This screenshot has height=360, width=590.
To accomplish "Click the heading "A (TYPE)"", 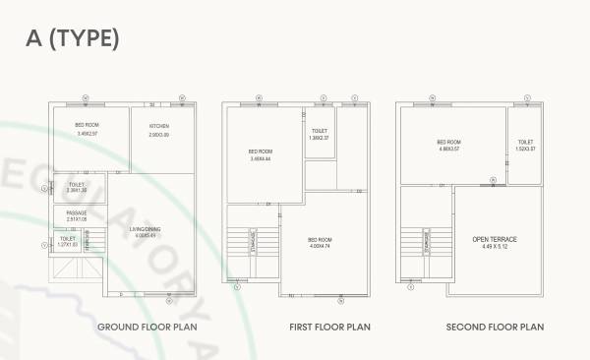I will pos(74,38).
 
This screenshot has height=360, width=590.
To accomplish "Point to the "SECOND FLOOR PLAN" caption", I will pos(495,326).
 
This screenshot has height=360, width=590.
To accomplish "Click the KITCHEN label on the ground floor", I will pos(159,126).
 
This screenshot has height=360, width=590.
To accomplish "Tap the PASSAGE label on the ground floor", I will pos(77,212).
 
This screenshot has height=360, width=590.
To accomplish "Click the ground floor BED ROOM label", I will pos(87,125).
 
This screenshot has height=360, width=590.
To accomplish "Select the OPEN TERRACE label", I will pos(495,239).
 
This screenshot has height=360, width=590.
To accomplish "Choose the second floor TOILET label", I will pos(526,142).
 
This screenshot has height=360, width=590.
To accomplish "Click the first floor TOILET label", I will pos(319,131).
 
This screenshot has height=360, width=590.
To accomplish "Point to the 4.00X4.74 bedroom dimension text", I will pos(321,245).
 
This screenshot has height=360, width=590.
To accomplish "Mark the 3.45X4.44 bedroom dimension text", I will pos(260,158).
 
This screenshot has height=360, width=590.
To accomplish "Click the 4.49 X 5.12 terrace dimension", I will pos(495,248).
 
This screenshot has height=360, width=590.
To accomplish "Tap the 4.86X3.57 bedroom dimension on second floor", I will pos(449,149).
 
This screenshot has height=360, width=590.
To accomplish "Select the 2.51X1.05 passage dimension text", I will pos(77,219).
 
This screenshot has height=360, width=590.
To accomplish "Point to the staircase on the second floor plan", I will pos(431,242).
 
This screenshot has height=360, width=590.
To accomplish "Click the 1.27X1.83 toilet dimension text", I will pos(68,244).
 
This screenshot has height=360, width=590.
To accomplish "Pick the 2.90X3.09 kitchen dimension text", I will pos(159,135).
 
